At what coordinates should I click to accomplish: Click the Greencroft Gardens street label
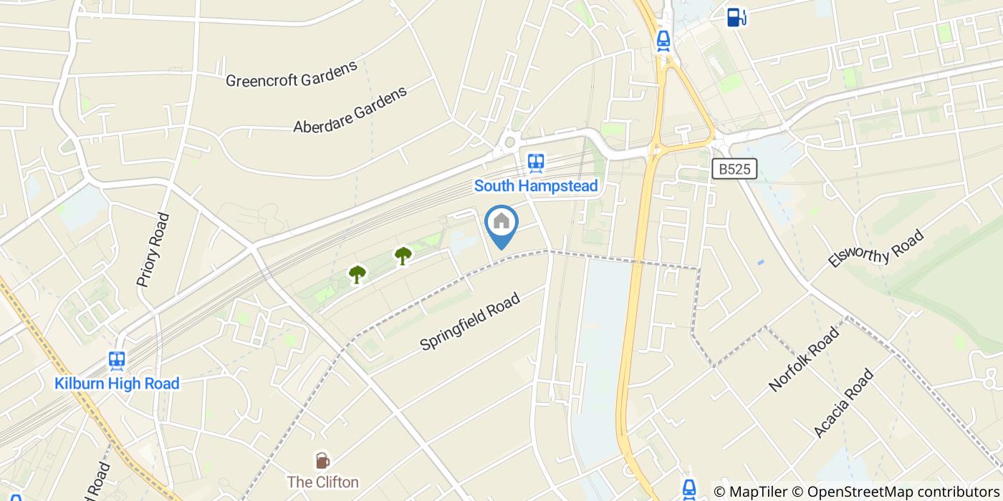pos(291,74)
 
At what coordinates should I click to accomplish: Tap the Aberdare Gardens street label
pos(350,110)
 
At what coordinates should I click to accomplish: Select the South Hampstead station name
pos(536,186)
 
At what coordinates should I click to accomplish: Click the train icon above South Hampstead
pos(536,163)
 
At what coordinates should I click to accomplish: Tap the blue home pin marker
pos(501,223)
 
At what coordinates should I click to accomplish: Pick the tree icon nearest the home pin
pos(403,254)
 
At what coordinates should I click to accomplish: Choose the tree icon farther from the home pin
pos(357,273)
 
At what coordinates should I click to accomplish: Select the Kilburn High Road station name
pos(117,384)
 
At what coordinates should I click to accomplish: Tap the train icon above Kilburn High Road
pos(117,360)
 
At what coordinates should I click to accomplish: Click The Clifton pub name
pos(322,482)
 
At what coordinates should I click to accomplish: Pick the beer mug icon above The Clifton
pos(322,460)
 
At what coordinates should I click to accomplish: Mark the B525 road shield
pos(735,169)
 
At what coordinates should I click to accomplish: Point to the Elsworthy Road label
pos(875,248)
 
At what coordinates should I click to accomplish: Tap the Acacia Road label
pos(844,403)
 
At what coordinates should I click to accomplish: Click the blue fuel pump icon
pos(736,17)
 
